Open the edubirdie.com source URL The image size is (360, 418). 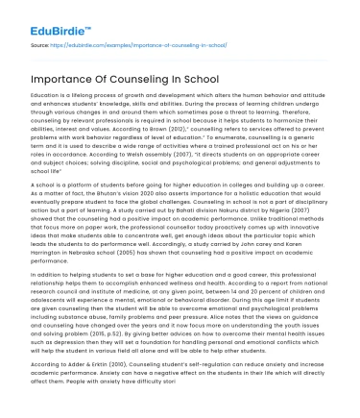tap(113, 44)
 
